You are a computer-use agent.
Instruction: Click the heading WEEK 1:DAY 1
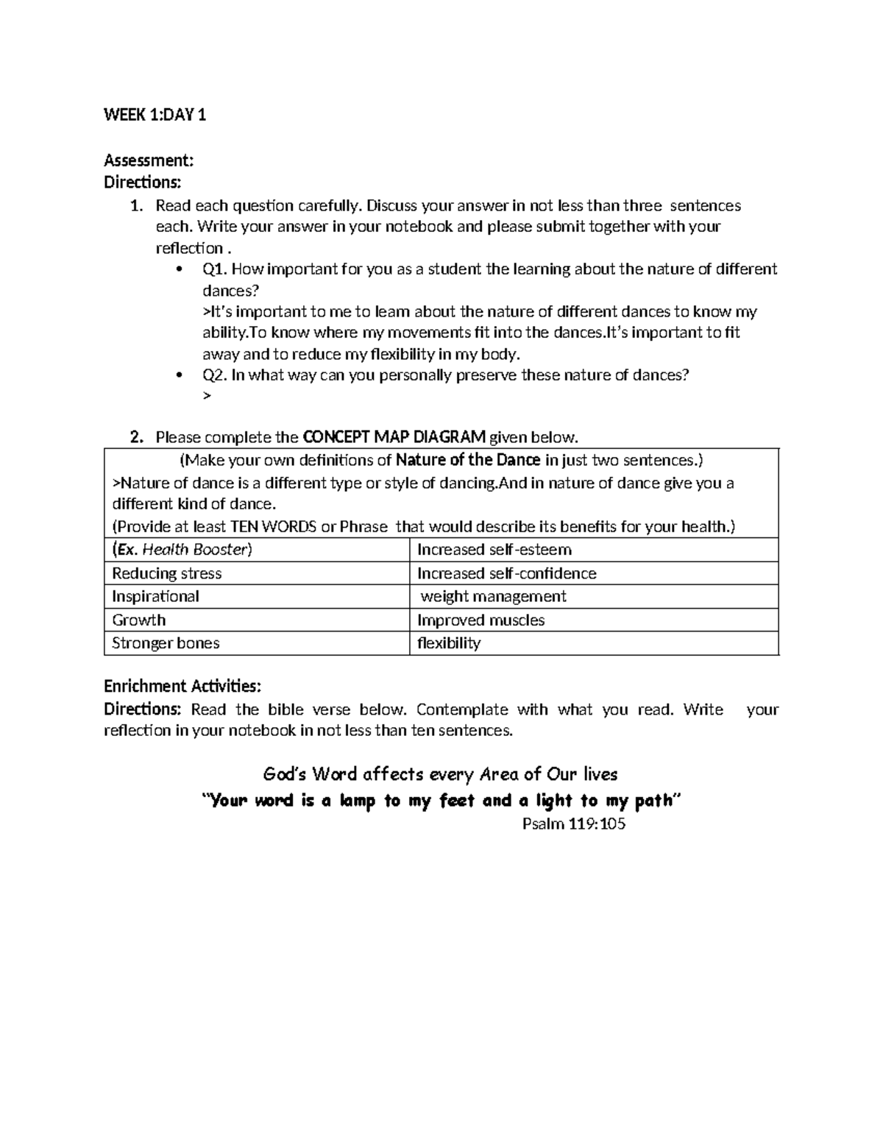155,115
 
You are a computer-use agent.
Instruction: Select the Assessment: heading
149,160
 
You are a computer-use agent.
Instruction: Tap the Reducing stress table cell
167,573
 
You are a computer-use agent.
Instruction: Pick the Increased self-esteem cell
494,550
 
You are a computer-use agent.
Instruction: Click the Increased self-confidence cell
507,573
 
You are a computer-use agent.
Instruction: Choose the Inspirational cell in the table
155,596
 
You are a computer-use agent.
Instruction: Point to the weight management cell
493,596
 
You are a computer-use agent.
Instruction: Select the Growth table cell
139,620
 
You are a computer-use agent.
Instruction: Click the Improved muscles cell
481,620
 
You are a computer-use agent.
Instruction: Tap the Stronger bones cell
166,643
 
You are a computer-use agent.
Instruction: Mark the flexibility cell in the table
449,643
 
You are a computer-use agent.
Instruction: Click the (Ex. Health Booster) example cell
182,550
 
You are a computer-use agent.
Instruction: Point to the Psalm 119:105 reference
574,824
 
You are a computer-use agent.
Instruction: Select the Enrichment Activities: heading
182,686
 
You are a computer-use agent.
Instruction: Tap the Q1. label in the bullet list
216,269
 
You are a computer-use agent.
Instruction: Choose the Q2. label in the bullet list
216,375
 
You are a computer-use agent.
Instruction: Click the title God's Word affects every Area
440,774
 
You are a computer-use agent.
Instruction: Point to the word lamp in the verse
357,801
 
